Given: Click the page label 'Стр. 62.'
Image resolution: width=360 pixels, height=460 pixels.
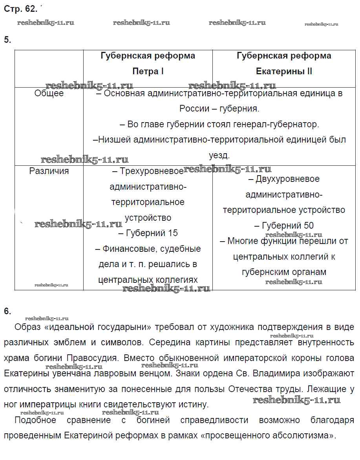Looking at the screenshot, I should coord(21,8).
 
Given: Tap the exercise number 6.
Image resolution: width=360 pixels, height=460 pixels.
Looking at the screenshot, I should coord(7,312).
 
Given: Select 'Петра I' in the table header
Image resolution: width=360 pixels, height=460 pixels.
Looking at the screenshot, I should coord(148,71).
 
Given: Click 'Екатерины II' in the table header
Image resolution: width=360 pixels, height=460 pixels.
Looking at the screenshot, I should coord(284,71).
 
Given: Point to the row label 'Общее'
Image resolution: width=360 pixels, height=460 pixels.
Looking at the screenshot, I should coord(49,93).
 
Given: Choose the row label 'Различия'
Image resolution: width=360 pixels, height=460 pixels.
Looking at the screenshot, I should coord(49,171).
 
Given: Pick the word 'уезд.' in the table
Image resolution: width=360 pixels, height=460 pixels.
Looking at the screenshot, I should coord(219,156).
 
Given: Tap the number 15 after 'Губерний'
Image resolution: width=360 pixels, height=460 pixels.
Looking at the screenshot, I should coord(173,233).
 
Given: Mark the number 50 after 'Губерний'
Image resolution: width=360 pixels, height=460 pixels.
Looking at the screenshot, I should coord(308,226).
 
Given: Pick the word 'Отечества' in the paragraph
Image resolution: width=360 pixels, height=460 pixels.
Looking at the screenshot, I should coord(255,389).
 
